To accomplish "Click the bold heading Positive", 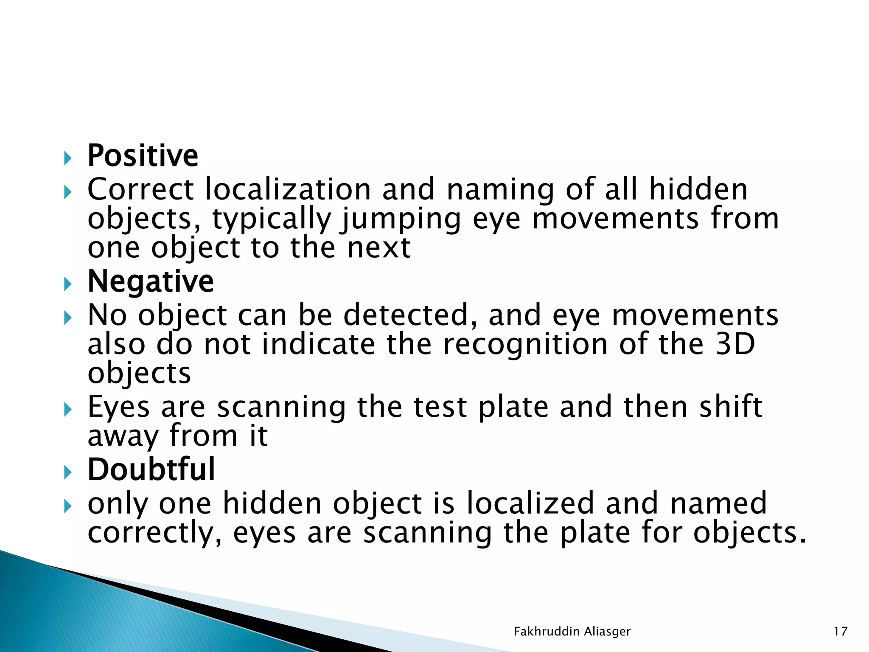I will [x=143, y=156].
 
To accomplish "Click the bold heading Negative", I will [x=151, y=282].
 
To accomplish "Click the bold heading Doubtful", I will [x=151, y=470].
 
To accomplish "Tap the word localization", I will [x=288, y=189].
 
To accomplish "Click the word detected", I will [x=410, y=315].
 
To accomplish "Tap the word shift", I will [x=731, y=407].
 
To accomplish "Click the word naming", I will [x=500, y=190].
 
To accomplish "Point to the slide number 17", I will [x=841, y=632].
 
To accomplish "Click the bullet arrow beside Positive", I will [x=67, y=159].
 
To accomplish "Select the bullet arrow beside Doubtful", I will [x=67, y=472].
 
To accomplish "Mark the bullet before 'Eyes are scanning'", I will [x=67, y=410].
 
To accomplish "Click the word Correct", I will [x=140, y=189].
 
